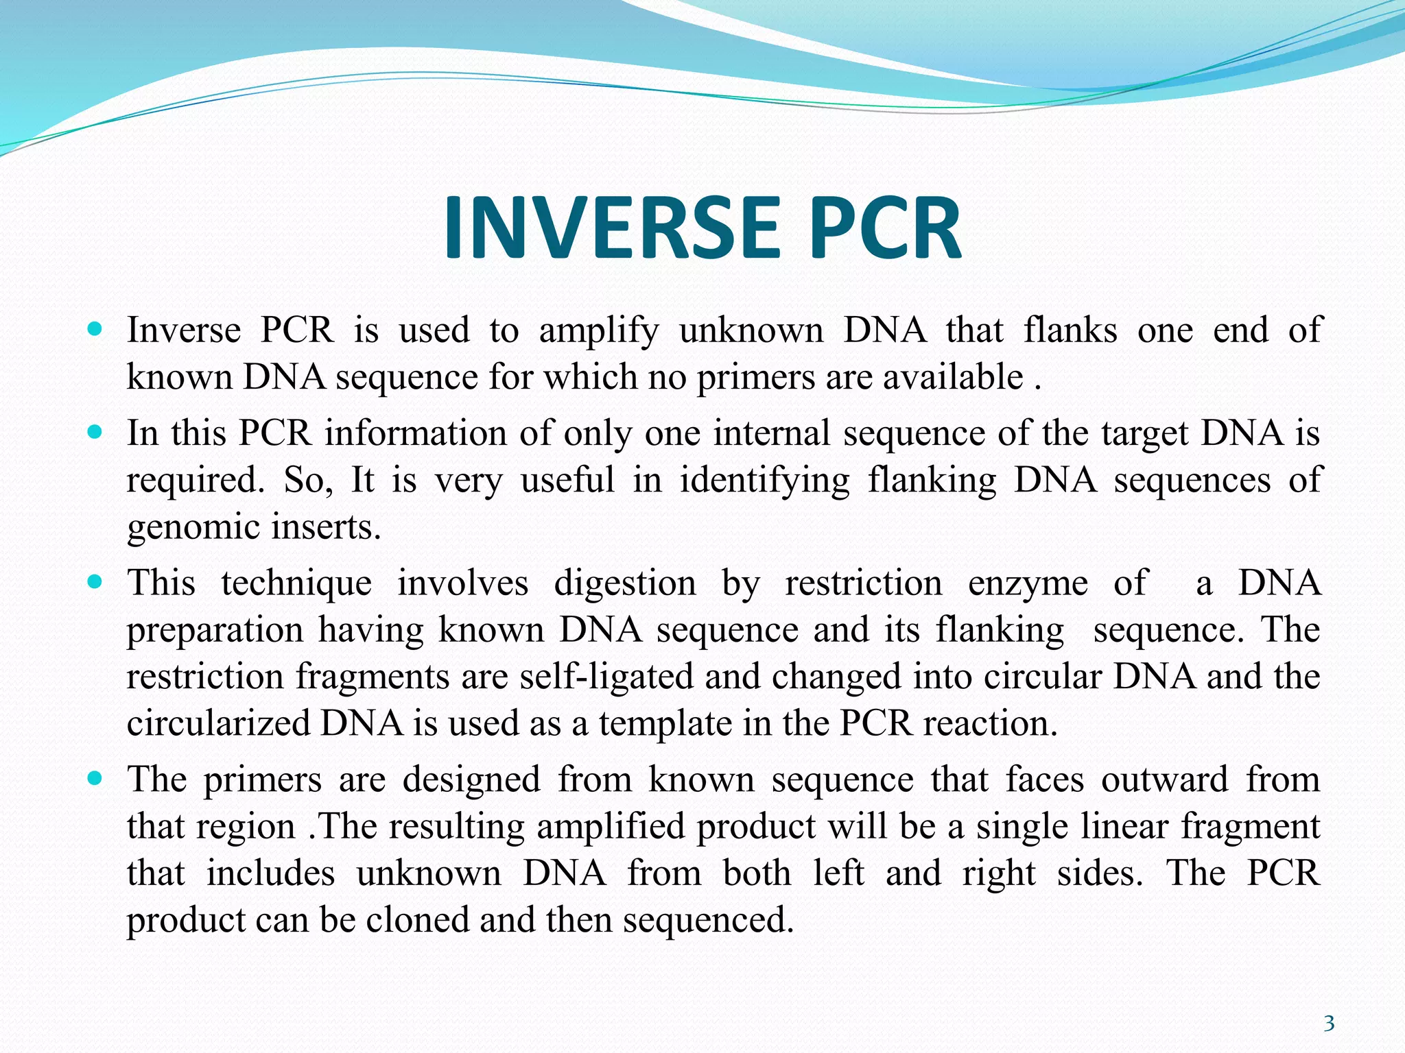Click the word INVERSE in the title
click(x=611, y=228)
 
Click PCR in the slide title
click(x=885, y=228)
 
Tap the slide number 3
click(x=1328, y=1024)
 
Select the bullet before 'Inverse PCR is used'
click(x=95, y=329)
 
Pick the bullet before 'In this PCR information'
click(x=95, y=433)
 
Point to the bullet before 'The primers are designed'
click(x=95, y=779)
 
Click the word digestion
click(x=624, y=584)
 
